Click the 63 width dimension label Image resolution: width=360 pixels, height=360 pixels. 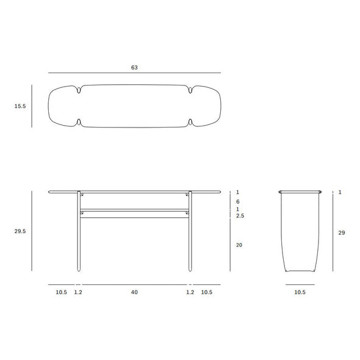[134, 68]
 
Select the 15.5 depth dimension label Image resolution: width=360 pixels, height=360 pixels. [20, 106]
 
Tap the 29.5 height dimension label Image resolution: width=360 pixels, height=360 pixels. [20, 231]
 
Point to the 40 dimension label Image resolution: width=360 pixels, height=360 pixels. [134, 292]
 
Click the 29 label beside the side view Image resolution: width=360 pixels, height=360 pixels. [342, 232]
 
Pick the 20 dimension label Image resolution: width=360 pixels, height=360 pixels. [239, 245]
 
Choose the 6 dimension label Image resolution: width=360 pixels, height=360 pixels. [239, 201]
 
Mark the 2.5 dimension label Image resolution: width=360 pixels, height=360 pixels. [240, 216]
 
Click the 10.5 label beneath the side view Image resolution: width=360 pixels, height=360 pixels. [300, 292]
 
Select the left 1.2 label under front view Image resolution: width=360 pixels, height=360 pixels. [79, 292]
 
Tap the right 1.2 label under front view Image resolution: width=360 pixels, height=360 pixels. [190, 292]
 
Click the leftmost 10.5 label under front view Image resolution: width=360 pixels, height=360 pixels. [61, 292]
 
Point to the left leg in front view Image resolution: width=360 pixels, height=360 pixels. [79, 232]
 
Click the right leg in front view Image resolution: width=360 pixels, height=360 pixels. [190, 232]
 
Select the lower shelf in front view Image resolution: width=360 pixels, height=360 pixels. [134, 211]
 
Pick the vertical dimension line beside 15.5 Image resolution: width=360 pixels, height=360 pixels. [32, 106]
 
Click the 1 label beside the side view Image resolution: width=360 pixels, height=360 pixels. [339, 192]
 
